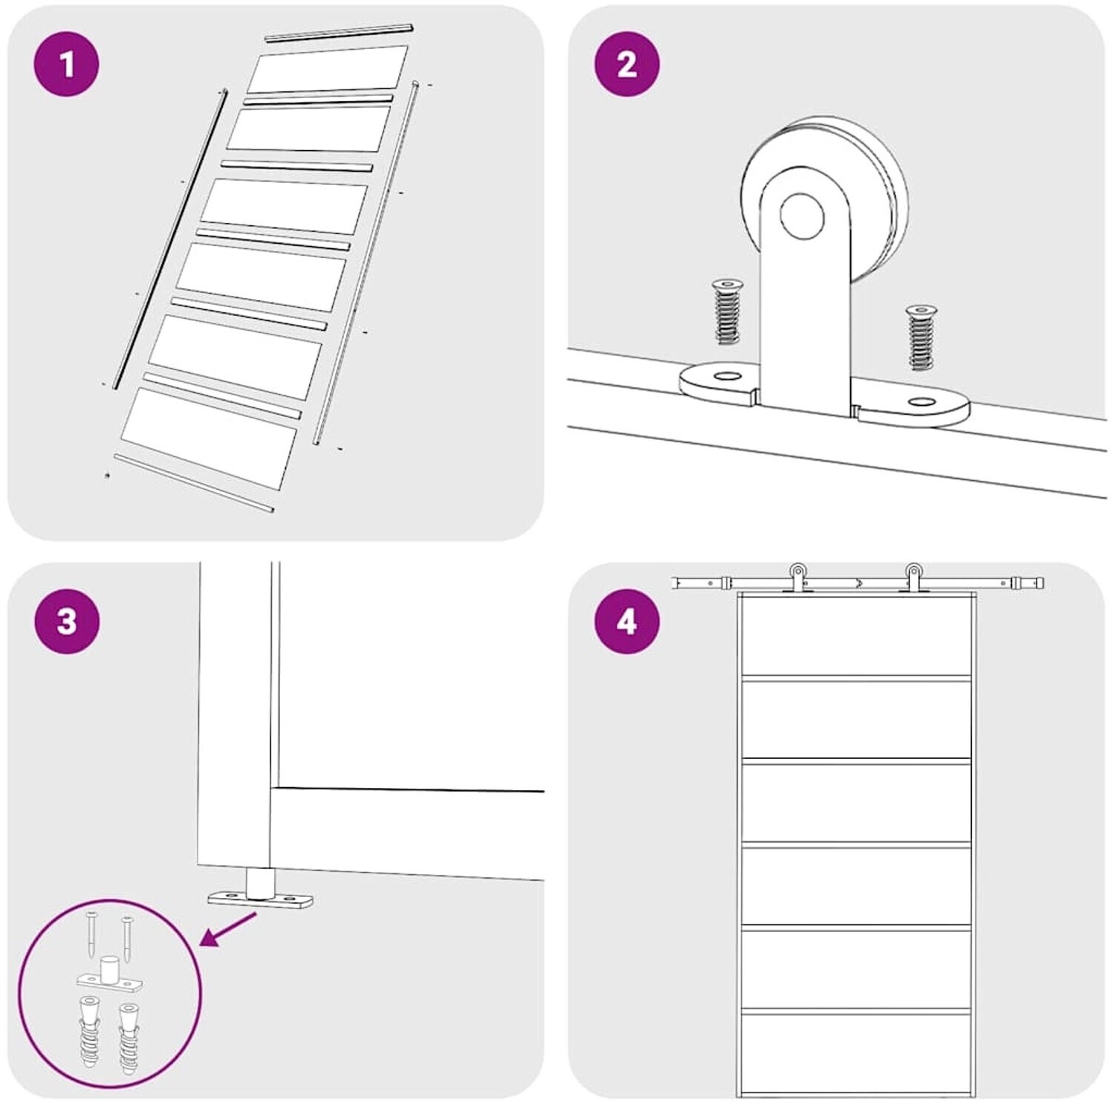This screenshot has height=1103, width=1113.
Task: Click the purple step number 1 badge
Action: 67,64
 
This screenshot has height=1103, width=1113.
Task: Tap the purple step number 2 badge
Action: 627,64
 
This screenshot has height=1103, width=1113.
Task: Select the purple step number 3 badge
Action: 67,621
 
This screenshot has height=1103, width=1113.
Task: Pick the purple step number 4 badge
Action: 627,621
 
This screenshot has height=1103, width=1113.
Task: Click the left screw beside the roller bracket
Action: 726,311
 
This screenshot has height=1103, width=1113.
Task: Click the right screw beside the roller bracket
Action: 921,337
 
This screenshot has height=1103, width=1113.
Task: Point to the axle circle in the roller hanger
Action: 802,216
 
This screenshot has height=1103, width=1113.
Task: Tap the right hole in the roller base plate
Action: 922,402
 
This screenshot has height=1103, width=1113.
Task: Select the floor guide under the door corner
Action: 261,890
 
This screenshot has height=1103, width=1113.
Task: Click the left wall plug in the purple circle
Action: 91,1034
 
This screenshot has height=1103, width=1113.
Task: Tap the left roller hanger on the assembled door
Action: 798,578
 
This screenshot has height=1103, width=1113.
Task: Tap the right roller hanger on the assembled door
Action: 913,578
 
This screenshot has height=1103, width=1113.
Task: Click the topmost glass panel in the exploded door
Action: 328,69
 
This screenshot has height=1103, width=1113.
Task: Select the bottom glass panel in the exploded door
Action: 209,439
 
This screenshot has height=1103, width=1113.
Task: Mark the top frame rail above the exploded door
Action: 339,33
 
